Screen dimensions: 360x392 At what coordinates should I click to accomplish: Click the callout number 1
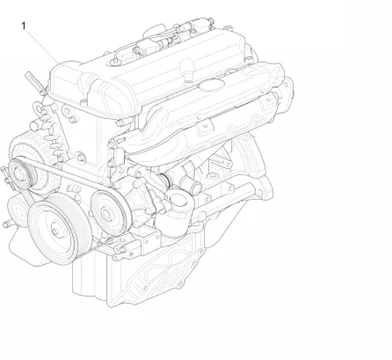click(22, 25)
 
